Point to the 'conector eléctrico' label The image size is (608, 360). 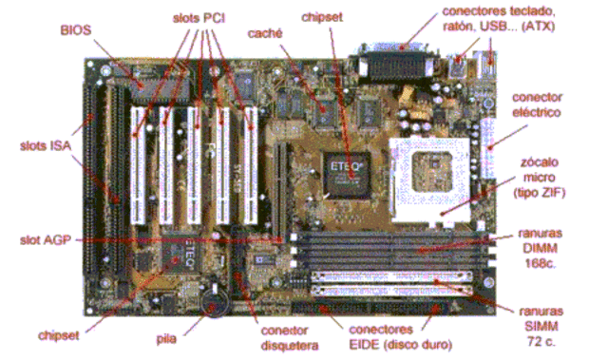click(x=538, y=104)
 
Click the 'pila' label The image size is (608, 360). click(x=165, y=334)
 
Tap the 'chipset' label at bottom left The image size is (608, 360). click(x=60, y=334)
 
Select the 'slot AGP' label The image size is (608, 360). click(x=43, y=237)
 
